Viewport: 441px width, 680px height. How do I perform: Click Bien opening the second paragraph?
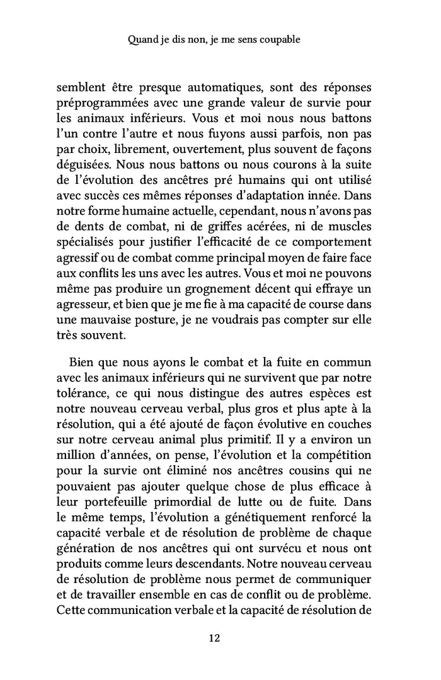click(80, 363)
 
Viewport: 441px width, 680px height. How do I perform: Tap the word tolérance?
click(82, 395)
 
